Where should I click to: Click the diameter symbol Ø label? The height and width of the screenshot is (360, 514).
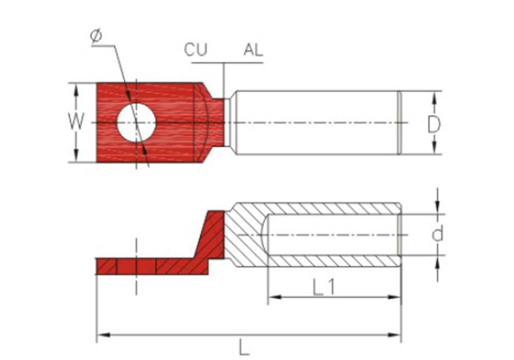[x=97, y=36]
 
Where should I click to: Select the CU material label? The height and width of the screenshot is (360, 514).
[x=196, y=50]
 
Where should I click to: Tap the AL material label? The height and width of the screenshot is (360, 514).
[x=253, y=50]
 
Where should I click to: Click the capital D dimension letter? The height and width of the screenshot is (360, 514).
[x=434, y=124]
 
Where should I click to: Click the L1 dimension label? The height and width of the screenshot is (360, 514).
[x=323, y=287]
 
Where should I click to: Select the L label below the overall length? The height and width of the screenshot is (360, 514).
[x=244, y=348]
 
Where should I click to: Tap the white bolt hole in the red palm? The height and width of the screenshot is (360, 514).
[x=136, y=122]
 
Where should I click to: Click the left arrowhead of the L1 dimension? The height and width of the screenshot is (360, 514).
[x=274, y=297]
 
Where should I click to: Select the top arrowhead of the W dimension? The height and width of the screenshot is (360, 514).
[x=76, y=89]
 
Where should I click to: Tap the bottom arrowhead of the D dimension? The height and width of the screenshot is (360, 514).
[x=434, y=148]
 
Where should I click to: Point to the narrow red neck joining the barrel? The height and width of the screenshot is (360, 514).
[x=217, y=122]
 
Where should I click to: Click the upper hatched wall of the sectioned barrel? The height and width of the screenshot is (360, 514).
[x=315, y=208]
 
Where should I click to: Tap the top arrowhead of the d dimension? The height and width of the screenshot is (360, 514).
[x=437, y=208]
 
